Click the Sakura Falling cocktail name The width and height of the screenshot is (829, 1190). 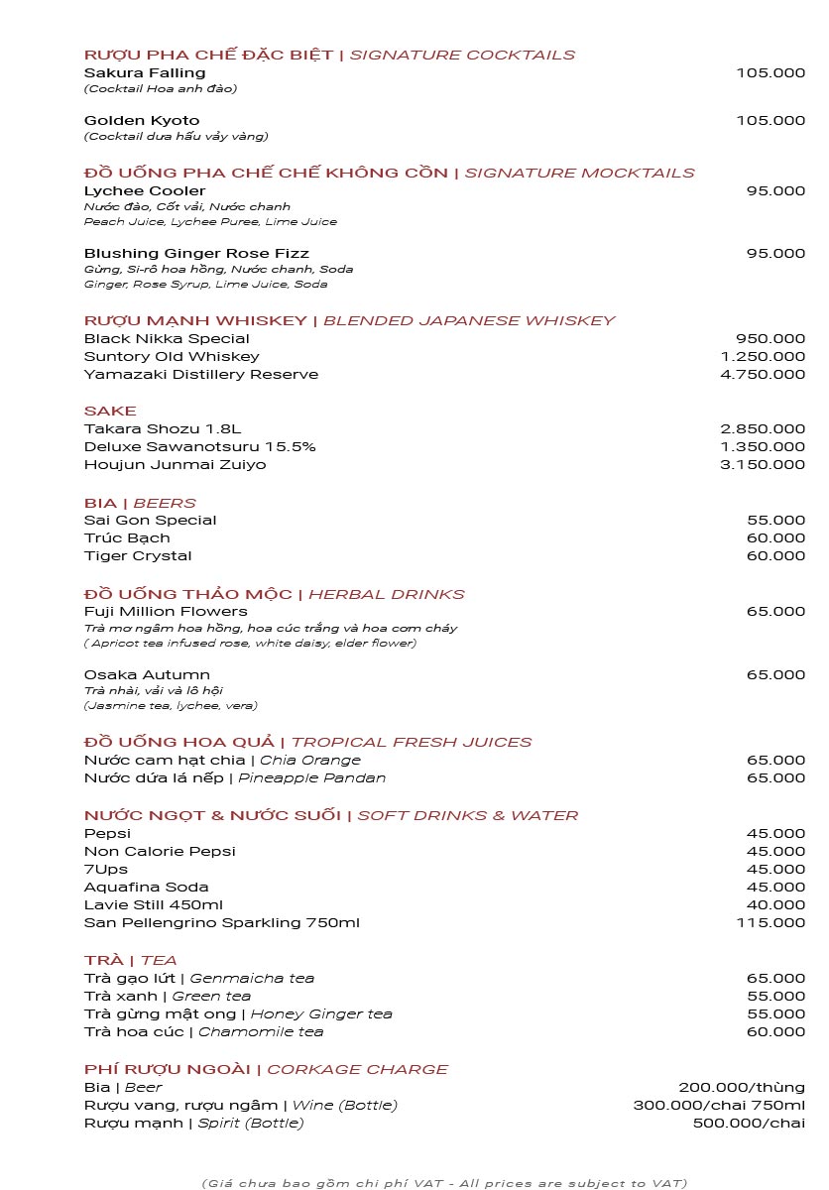tap(145, 73)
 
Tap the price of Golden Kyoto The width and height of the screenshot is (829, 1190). tap(770, 121)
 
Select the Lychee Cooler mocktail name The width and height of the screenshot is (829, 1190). tap(145, 191)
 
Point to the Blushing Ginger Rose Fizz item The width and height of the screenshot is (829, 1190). tap(196, 254)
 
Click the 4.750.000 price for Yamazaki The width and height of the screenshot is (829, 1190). tap(763, 375)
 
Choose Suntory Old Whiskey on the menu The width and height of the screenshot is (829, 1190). tap(172, 357)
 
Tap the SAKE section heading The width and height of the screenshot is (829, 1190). tap(110, 412)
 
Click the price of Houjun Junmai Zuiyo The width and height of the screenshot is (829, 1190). tap(763, 465)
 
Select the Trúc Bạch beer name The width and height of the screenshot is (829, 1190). tap(127, 538)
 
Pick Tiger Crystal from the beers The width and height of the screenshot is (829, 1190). tap(138, 556)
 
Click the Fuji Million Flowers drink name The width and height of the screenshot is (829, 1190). tap(166, 612)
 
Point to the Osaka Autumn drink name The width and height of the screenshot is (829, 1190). tap(147, 675)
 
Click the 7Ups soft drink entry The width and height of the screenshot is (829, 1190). tap(106, 870)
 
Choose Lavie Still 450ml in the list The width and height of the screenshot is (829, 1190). tap(154, 905)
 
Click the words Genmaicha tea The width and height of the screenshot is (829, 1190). tap(252, 979)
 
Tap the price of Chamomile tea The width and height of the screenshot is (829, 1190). tap(775, 1032)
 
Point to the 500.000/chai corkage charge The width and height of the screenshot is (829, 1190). tap(749, 1124)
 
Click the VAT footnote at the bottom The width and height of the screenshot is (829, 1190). tap(444, 1183)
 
